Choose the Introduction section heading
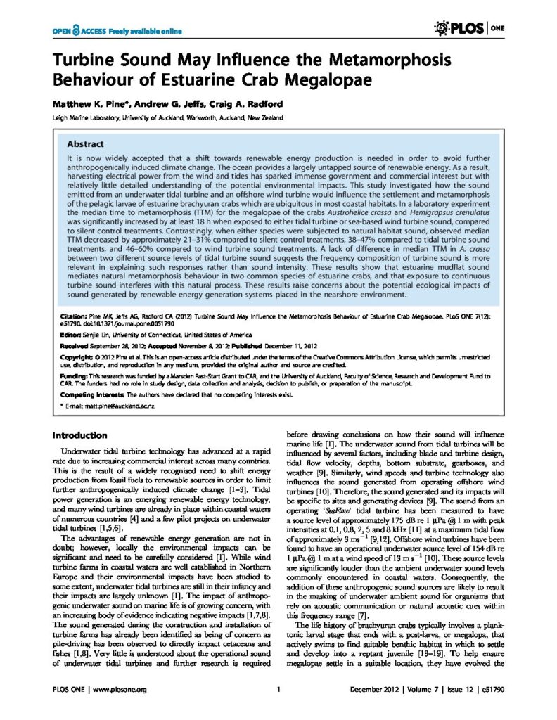coord(80,435)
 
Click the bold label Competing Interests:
coord(87,396)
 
